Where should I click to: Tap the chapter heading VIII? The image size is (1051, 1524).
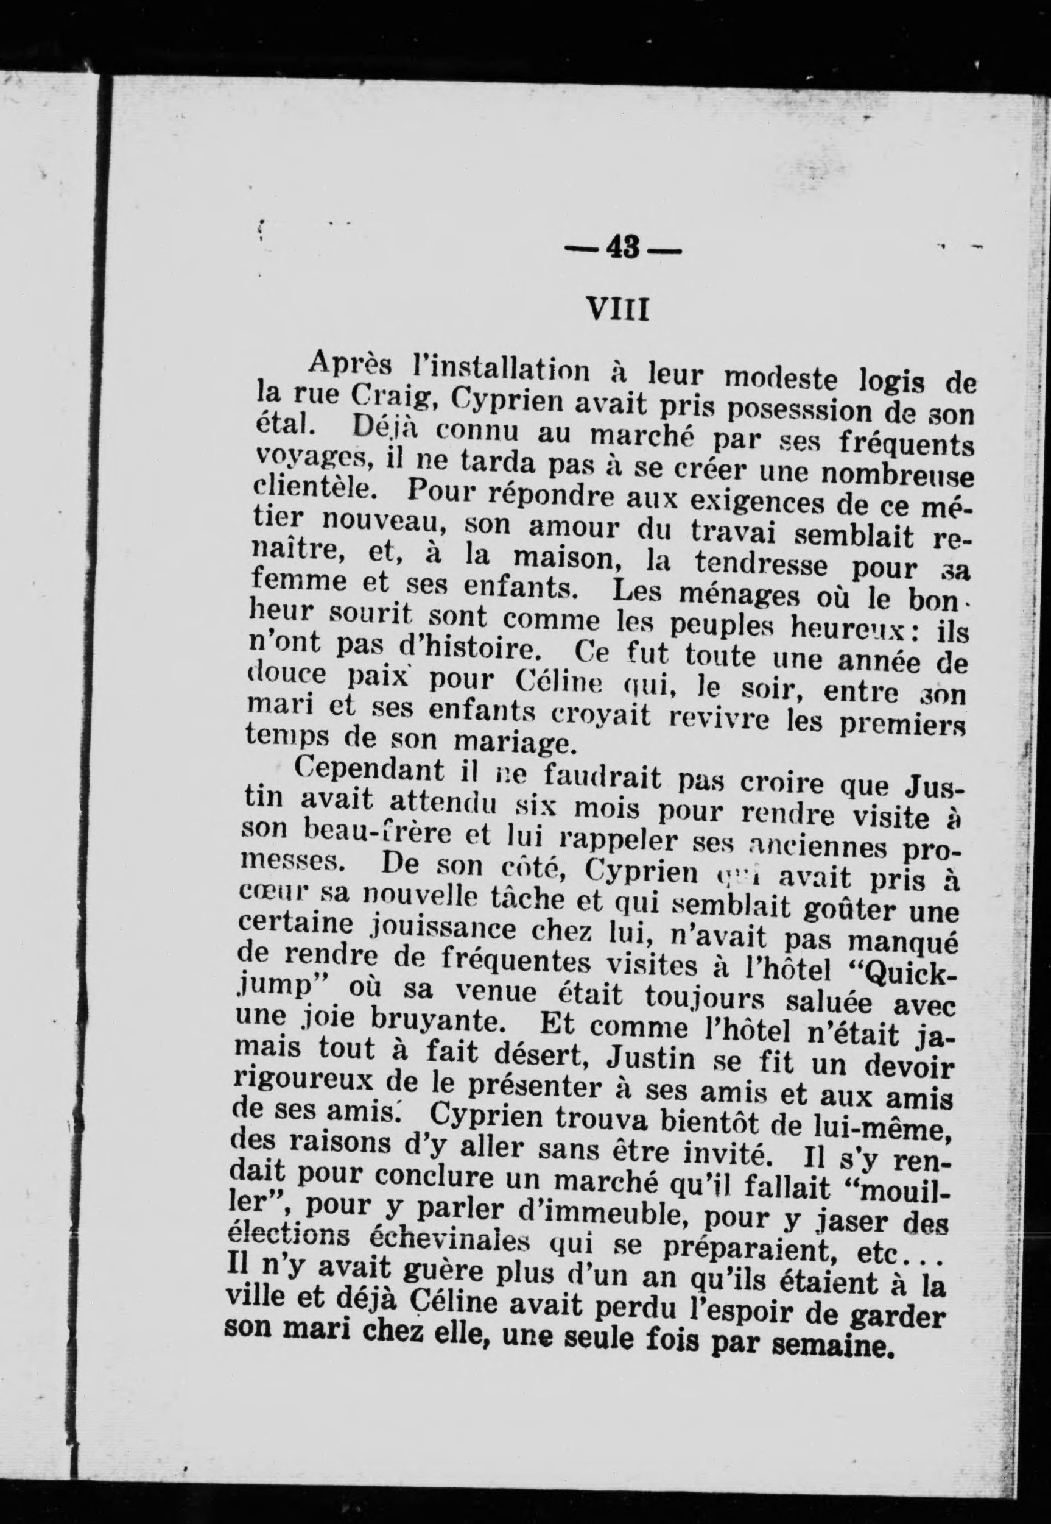tap(617, 308)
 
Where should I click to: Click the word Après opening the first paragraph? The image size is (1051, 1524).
tap(353, 362)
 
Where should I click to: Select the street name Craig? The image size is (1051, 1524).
tap(390, 396)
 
